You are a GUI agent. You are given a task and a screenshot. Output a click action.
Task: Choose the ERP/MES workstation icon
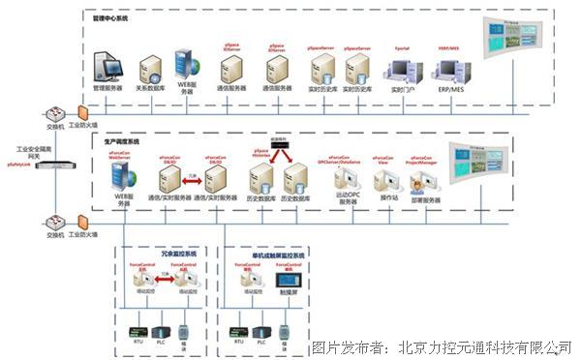pyautogui.click(x=449, y=70)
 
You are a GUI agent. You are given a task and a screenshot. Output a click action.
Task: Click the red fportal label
pyautogui.click(x=402, y=46)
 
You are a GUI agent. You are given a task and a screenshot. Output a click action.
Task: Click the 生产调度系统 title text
pyautogui.click(x=121, y=141)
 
